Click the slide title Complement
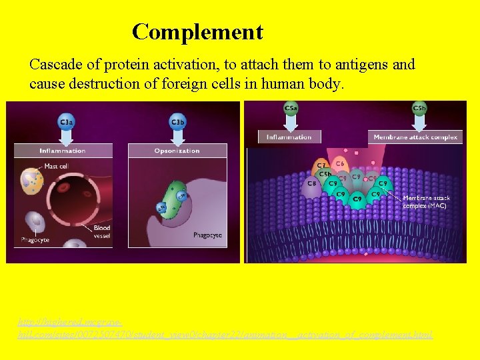[197, 31]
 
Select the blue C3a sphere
[66, 122]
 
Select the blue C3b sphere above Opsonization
[178, 122]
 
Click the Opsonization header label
[178, 151]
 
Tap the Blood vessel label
[102, 231]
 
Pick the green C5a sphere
[291, 108]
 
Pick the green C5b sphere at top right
[419, 108]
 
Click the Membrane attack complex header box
[415, 137]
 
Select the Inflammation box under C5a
[289, 137]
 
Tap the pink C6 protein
[340, 163]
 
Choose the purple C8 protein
[311, 183]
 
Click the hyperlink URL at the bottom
[225, 327]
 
